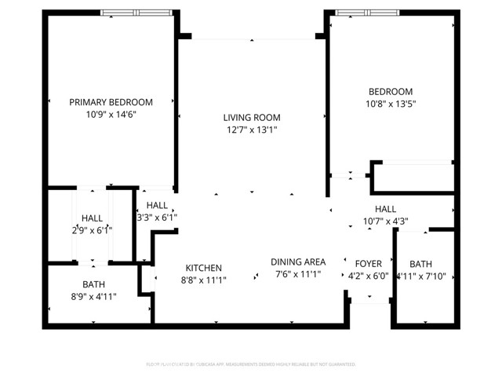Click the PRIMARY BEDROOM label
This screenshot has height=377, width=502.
point(111,102)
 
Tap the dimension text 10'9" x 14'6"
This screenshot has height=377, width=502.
point(111,114)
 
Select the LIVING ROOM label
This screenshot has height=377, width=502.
point(251,117)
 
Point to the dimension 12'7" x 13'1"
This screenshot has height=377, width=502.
point(251,130)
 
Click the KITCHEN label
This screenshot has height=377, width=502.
point(203,268)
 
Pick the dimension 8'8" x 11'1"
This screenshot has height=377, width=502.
point(203,280)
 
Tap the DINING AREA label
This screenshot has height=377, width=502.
point(298,262)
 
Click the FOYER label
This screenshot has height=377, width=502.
point(368,264)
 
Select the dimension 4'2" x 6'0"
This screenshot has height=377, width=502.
point(368,276)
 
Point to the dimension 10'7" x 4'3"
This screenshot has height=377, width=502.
point(385,221)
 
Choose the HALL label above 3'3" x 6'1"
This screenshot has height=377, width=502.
point(157,205)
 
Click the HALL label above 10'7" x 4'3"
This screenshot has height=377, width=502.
point(385,209)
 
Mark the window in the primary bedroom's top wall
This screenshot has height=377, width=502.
point(135,13)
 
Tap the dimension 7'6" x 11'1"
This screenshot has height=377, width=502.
point(298,275)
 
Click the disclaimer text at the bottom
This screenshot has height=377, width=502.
point(251,364)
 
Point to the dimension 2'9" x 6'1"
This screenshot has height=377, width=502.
point(92,230)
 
